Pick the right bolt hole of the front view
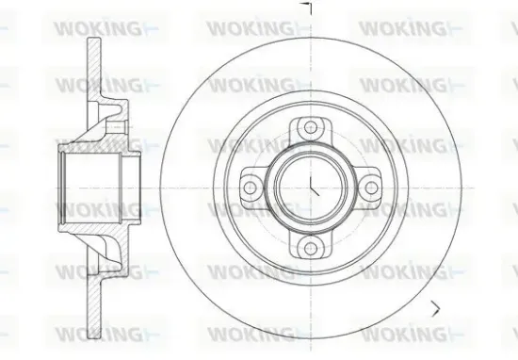(371, 186)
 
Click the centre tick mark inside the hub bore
(314, 188)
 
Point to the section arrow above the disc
(306, 8)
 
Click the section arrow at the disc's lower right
(436, 307)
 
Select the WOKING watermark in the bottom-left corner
(94, 333)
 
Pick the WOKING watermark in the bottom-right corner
(405, 333)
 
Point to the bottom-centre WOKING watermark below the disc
(250, 333)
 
